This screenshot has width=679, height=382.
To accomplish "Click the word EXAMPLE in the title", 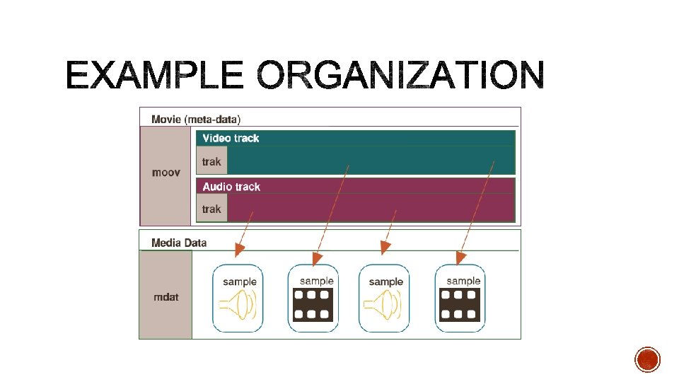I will [x=154, y=76].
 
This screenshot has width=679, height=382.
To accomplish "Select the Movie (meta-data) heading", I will [x=196, y=118].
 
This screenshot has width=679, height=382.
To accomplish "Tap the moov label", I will [x=166, y=173].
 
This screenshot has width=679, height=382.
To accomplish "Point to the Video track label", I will [x=231, y=139].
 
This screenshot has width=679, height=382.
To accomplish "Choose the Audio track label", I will [x=231, y=187].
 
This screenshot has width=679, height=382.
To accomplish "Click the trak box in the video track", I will [x=211, y=161].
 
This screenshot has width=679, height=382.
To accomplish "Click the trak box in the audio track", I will [x=211, y=209].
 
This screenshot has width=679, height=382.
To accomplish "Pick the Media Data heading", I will [x=179, y=243].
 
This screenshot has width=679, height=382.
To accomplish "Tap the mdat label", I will [x=166, y=297].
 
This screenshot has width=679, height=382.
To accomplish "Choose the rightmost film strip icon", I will [x=460, y=305].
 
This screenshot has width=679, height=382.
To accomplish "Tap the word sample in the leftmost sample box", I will [x=240, y=282].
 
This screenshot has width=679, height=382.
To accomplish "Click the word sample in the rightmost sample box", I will [x=463, y=281].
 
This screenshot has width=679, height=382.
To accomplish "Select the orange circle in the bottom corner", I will [x=647, y=359].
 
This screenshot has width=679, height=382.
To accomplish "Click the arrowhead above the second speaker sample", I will [x=385, y=248].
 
